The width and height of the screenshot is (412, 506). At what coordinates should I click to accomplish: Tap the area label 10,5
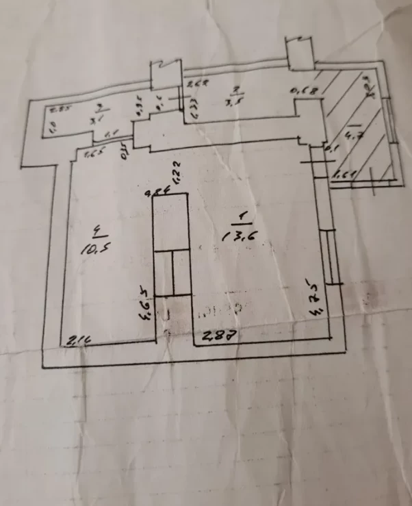pos(89,246)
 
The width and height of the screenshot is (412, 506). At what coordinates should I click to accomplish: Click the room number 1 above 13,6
pos(242,218)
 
